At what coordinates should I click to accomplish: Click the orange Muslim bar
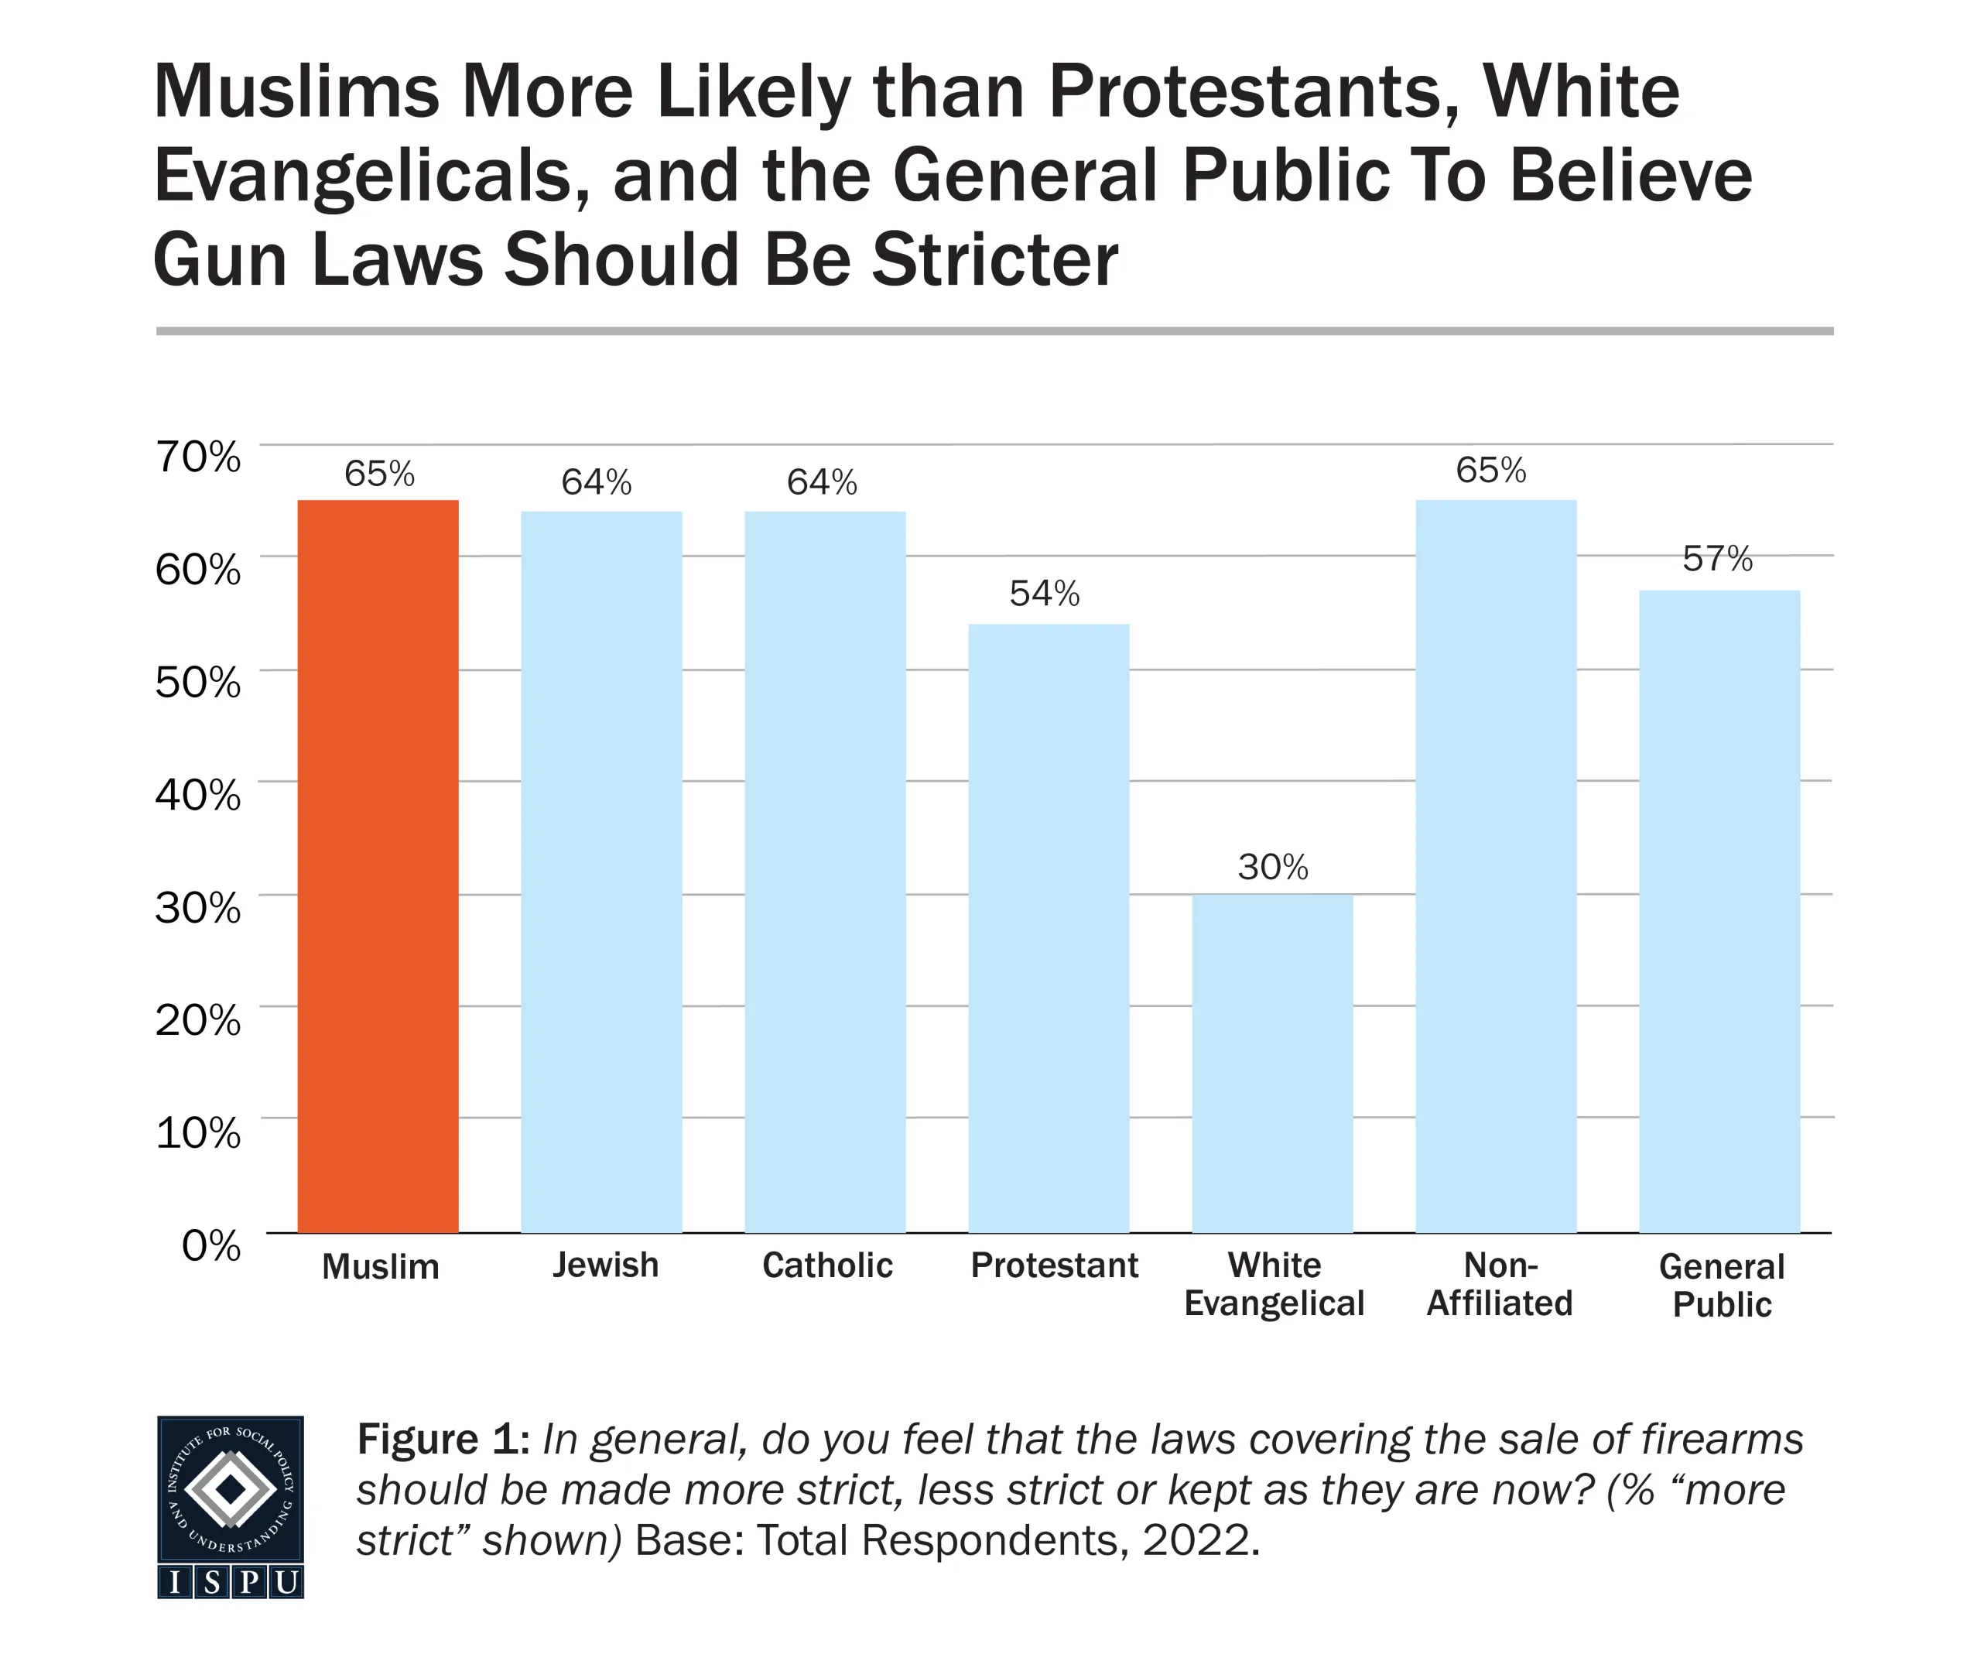(x=378, y=865)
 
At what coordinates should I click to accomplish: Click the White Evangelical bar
(x=1272, y=1063)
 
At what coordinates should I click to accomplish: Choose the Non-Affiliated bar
(x=1496, y=865)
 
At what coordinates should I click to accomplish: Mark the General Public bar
(x=1719, y=911)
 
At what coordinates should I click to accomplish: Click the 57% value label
(x=1718, y=560)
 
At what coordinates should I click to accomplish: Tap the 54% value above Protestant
(x=1044, y=594)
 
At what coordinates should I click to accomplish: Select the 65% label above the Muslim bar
(x=379, y=474)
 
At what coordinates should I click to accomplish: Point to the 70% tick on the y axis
(x=198, y=457)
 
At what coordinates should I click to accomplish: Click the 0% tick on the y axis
(x=211, y=1246)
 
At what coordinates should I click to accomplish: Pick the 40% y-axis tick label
(x=198, y=795)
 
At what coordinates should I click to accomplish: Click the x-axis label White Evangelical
(x=1274, y=1284)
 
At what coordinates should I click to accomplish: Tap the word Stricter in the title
(x=994, y=259)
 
